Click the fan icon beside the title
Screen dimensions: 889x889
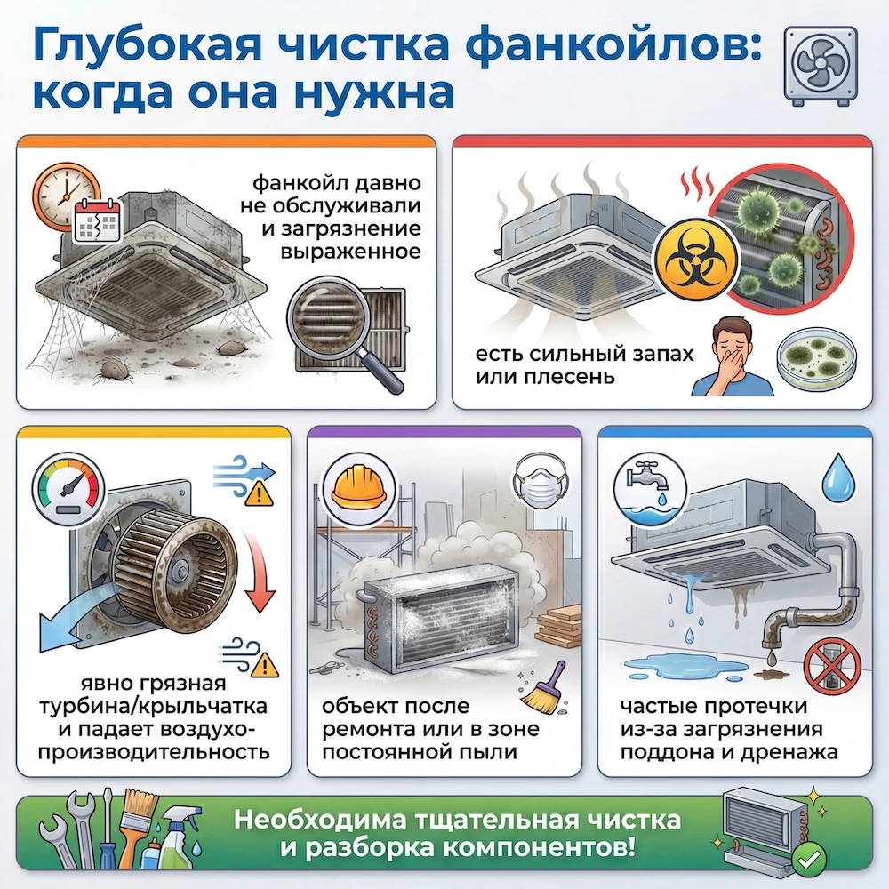(821, 67)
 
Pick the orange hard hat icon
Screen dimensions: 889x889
(354, 488)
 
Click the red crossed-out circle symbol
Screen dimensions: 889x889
(832, 667)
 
